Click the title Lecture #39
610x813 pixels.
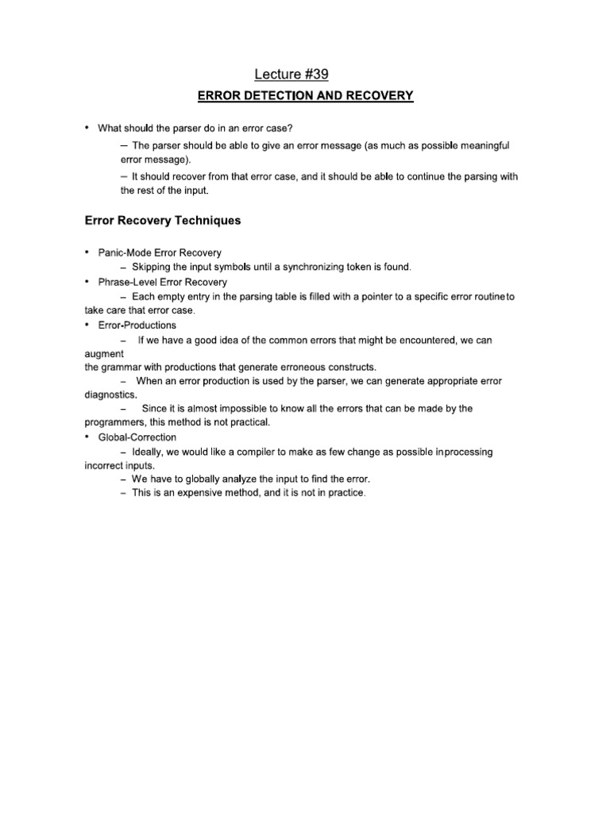click(291, 74)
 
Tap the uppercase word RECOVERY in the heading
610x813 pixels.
click(380, 96)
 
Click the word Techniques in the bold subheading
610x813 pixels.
click(202, 221)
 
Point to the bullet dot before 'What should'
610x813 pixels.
click(87, 128)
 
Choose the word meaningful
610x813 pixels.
click(480, 145)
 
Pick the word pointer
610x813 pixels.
click(360, 296)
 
